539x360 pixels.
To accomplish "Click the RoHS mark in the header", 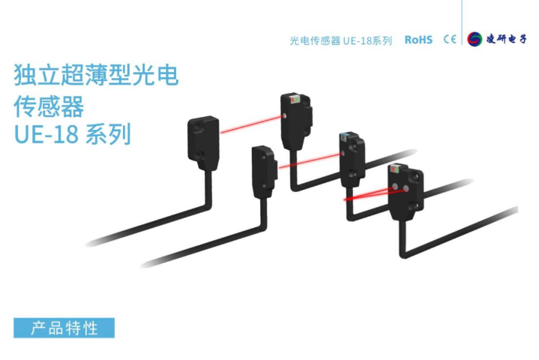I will coord(418,40).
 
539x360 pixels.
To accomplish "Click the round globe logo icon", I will coord(474,40).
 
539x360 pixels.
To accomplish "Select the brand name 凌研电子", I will coord(504,40).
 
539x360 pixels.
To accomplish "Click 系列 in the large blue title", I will coord(109,135).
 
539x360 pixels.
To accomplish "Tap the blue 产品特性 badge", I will coord(64,328).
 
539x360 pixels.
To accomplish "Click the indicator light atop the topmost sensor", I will coord(292,99).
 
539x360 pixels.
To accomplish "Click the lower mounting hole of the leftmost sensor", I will coord(206,158).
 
